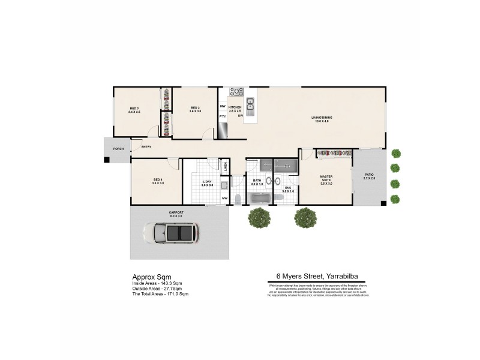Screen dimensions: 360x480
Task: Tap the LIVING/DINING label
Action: (322, 118)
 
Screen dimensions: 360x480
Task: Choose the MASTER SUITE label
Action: (326, 179)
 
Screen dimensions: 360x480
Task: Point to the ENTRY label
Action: (146, 147)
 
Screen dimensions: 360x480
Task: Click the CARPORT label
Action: (176, 213)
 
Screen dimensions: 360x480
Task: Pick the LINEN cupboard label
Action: (225, 166)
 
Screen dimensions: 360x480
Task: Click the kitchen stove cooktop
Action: (236, 92)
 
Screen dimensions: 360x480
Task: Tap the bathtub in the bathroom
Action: (260, 198)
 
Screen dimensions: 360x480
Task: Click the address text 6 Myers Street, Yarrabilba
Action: (318, 277)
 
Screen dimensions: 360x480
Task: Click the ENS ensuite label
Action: (287, 190)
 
